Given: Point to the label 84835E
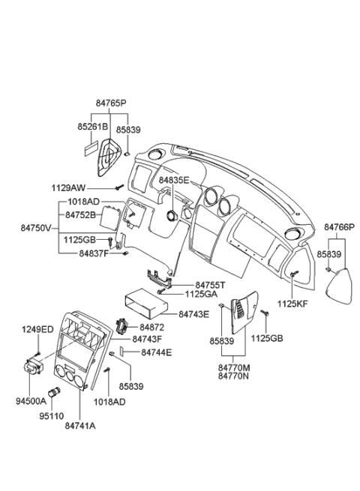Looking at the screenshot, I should (174, 181).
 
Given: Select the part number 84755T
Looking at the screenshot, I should (211, 286).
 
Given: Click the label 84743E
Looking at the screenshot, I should (193, 314).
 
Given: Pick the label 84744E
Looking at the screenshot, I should (157, 352).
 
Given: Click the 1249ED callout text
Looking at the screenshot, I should (37, 329).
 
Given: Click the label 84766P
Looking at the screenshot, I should (339, 226).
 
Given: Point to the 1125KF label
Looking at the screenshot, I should (293, 305).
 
